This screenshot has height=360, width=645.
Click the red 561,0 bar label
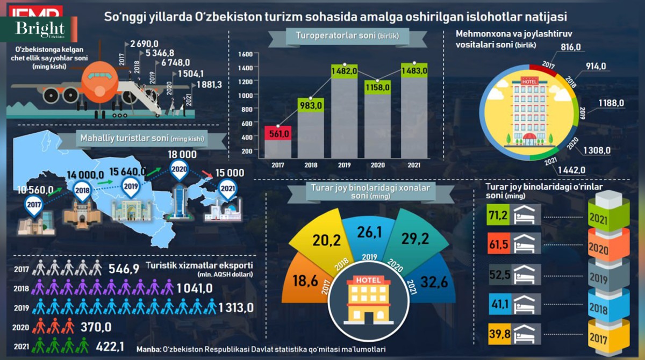click(277, 133)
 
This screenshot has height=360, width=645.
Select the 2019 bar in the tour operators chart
click(344, 118)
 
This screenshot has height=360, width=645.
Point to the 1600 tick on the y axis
click(245, 54)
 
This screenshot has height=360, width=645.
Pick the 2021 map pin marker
click(227, 189)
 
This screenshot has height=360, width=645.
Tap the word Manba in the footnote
click(148, 349)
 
